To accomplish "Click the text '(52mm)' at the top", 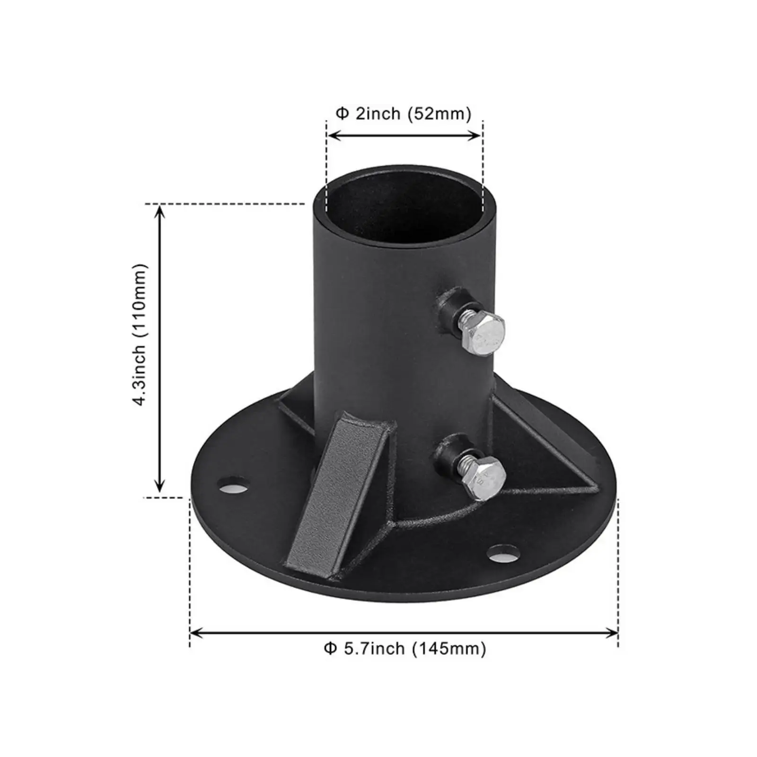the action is [440, 114].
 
